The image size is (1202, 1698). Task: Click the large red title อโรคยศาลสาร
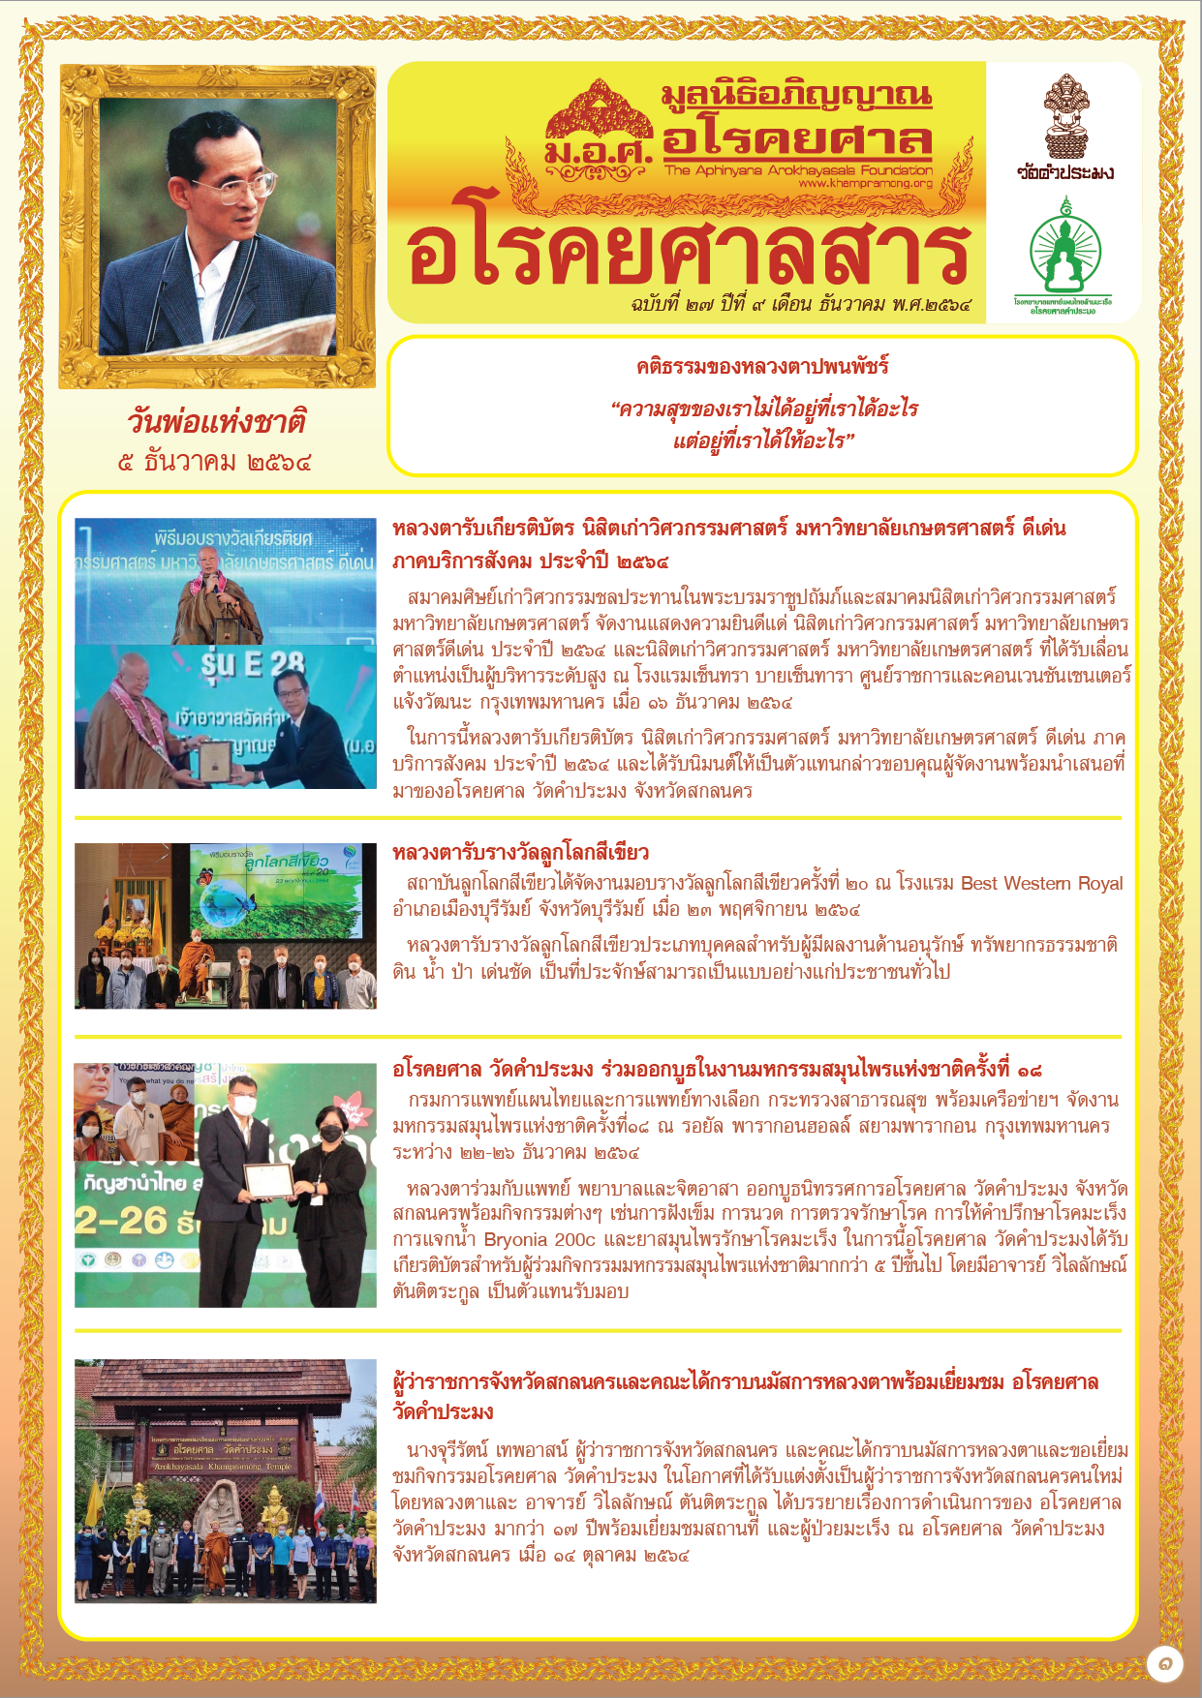(689, 254)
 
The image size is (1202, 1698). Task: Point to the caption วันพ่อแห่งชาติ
(217, 422)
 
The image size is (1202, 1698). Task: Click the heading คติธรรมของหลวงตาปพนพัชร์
(762, 366)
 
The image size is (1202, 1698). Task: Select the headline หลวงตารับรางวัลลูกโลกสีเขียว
(520, 853)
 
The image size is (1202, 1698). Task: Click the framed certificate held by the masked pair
(268, 1180)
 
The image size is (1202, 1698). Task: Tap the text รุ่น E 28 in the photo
(253, 664)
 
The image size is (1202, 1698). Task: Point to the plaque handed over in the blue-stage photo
(215, 760)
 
